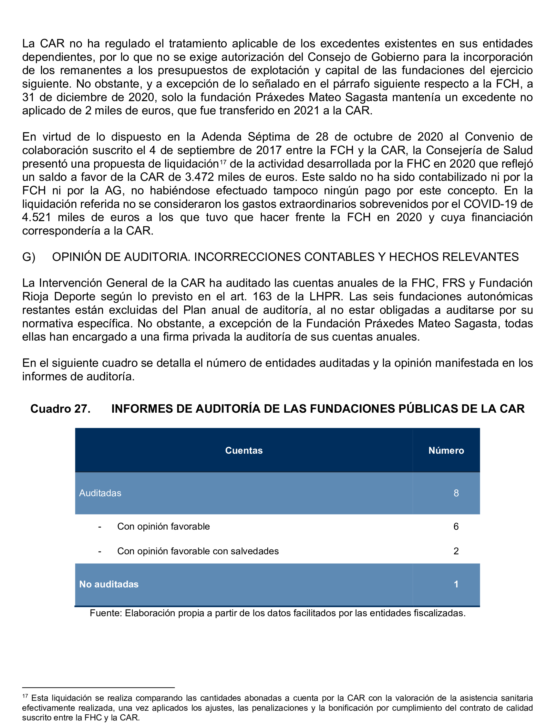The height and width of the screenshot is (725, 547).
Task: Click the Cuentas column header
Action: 244,450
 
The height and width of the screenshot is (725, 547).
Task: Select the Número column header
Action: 446,450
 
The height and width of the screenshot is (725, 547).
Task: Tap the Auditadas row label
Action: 100,493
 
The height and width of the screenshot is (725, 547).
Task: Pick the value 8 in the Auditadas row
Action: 456,493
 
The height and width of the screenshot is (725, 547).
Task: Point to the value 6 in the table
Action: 456,526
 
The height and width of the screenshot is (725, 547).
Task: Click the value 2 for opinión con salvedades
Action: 456,551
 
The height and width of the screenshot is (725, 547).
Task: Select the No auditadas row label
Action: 109,584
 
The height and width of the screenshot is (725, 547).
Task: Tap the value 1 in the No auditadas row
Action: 456,584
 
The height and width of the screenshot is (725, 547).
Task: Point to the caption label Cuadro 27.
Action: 60,409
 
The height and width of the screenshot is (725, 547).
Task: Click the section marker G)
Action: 28,257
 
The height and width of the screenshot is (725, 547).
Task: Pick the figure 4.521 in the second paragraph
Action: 36,217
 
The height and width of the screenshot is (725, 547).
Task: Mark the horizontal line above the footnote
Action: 98,688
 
